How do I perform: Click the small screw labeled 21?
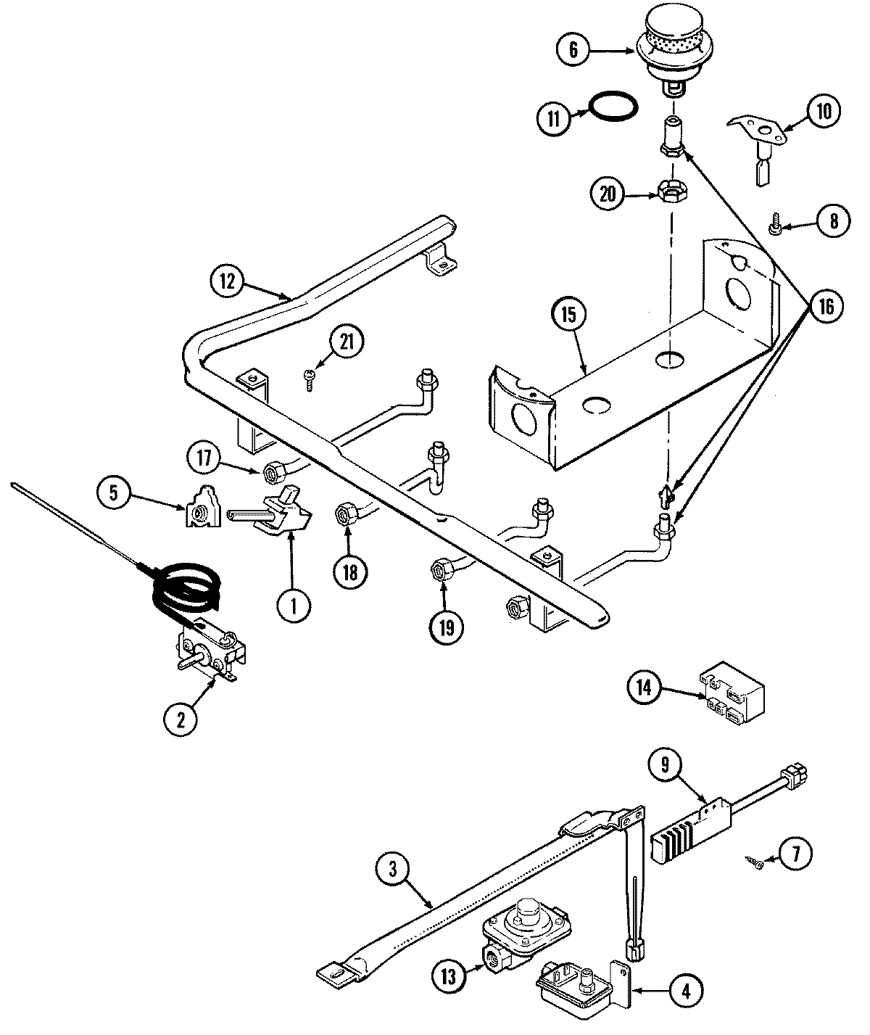[310, 379]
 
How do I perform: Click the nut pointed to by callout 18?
[342, 516]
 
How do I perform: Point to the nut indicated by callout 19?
[439, 570]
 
